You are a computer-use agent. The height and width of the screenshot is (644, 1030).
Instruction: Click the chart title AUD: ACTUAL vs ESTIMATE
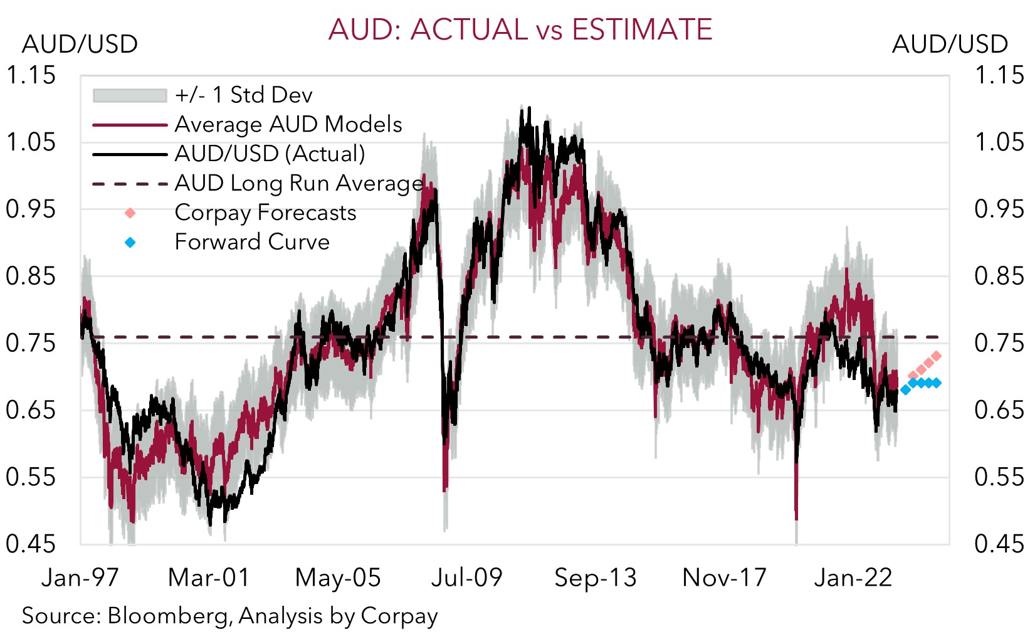[520, 29]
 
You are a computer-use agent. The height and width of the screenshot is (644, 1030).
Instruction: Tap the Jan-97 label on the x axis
[80, 578]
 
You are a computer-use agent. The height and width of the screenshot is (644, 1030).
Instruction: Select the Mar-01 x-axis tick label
[209, 578]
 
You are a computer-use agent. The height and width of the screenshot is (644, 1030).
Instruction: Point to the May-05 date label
[338, 578]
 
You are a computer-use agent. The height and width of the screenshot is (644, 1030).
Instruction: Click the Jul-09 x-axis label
[467, 578]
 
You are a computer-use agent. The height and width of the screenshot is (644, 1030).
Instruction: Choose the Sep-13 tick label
[596, 578]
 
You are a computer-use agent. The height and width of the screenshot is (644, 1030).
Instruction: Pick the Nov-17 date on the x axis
[725, 578]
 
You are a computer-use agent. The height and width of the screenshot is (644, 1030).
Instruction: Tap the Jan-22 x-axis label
[853, 578]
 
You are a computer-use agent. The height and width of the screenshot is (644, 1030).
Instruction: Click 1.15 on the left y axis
[31, 75]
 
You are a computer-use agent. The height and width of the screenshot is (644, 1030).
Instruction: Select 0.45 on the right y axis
[999, 544]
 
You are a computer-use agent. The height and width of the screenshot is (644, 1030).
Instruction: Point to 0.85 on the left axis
[31, 276]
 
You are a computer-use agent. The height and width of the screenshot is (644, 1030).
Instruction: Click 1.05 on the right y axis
[999, 142]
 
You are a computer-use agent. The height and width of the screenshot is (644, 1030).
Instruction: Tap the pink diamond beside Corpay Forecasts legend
[130, 213]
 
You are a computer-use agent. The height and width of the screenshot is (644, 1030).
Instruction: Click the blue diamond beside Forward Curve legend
[130, 242]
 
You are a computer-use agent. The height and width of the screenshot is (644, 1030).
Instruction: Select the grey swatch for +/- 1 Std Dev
[130, 95]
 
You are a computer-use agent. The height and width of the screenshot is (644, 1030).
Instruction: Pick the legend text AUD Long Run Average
[299, 183]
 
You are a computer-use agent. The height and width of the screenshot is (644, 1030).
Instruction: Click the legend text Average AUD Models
[288, 124]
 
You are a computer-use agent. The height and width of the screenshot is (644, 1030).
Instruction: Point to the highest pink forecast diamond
[937, 356]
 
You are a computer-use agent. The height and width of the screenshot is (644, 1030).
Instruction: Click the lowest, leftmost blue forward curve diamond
[905, 390]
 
